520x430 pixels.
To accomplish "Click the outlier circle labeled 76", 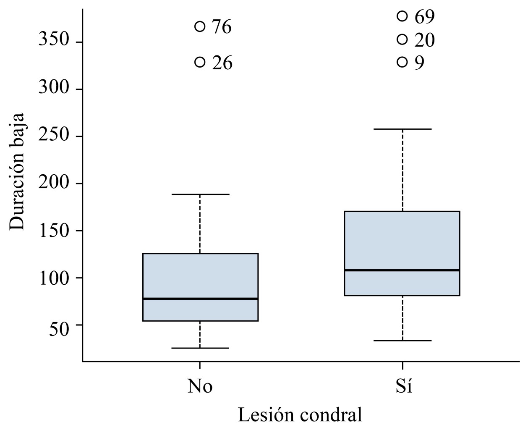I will [200, 26].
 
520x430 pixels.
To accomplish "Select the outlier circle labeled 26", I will [200, 62].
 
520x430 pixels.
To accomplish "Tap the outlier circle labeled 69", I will [402, 16].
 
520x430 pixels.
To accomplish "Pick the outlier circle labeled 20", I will [402, 39].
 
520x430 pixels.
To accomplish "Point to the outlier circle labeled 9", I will [402, 62].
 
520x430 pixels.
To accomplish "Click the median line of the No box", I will [200, 299].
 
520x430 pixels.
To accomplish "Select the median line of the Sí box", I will [402, 270].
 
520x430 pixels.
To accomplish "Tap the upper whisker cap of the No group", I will [200, 194].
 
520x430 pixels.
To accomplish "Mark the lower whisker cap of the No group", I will [200, 348].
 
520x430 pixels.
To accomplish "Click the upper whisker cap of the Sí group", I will [402, 129].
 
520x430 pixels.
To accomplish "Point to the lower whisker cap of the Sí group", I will [402, 341].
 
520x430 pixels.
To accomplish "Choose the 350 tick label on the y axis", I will [53, 40].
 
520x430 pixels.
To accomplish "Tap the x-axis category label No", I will [200, 386].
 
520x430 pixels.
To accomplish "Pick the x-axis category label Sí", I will [403, 386].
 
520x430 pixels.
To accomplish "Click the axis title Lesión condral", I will [300, 415].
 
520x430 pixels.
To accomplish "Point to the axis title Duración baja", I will [18, 171].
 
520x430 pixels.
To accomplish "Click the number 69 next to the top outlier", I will [425, 17].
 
